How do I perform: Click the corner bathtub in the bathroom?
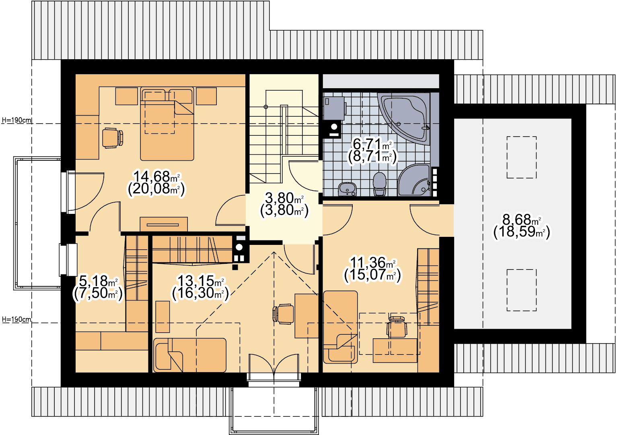pos(404,118)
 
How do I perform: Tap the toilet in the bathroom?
pos(379,184)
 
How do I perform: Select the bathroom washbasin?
pos(347,189)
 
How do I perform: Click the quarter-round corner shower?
pos(414,180)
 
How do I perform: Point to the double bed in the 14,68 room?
pos(167,124)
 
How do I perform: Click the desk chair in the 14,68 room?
pos(113,138)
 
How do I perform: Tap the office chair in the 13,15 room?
pos(283,314)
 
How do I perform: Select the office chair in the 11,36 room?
pos(397,327)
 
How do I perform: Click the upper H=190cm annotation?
pos(16,120)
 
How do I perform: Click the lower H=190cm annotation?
pos(16,319)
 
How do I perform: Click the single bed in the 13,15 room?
pos(190,355)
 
